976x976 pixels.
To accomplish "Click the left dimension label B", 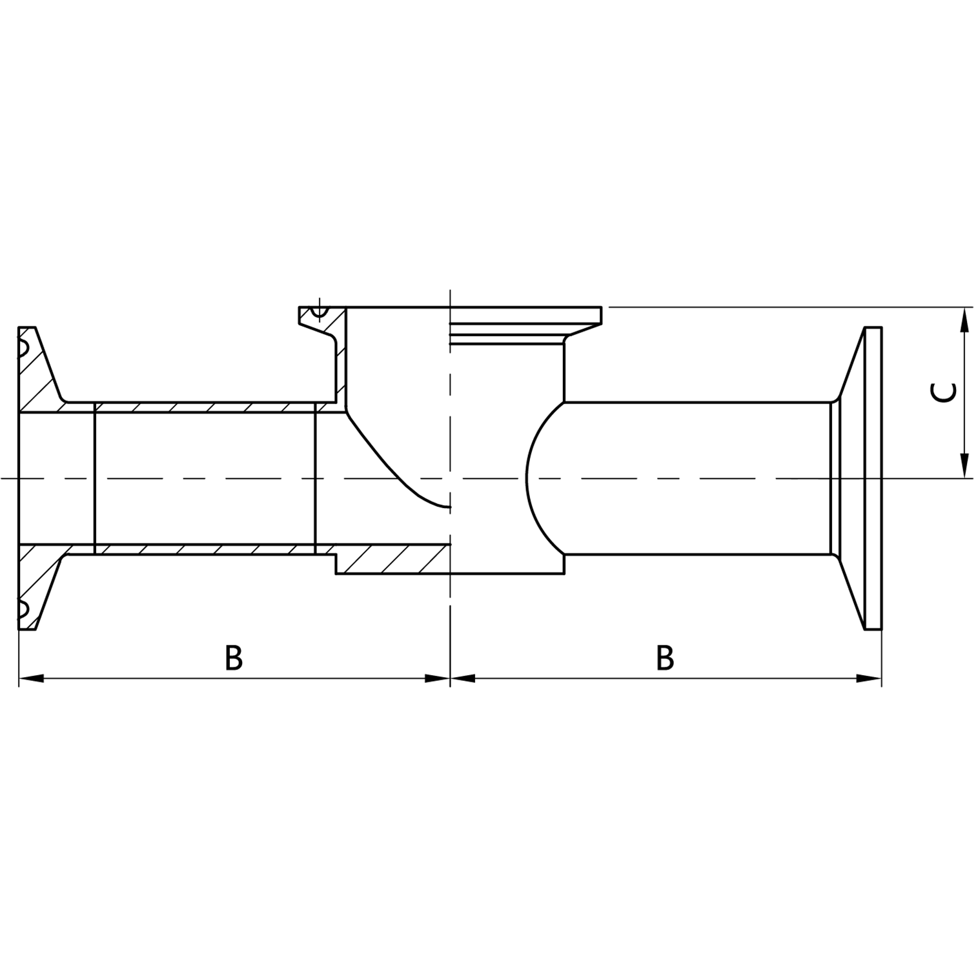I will pos(234,658).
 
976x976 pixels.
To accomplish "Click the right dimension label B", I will pos(665,658).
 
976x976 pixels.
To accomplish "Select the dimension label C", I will pos(945,392).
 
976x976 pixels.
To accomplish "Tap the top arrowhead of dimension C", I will pos(964,320).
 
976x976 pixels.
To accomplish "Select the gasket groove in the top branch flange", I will pos(318,312).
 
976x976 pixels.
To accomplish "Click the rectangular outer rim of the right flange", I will pos(873,478).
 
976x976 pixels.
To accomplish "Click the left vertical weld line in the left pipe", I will pos(95,478).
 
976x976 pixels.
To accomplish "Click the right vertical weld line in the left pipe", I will pos(315,478).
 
